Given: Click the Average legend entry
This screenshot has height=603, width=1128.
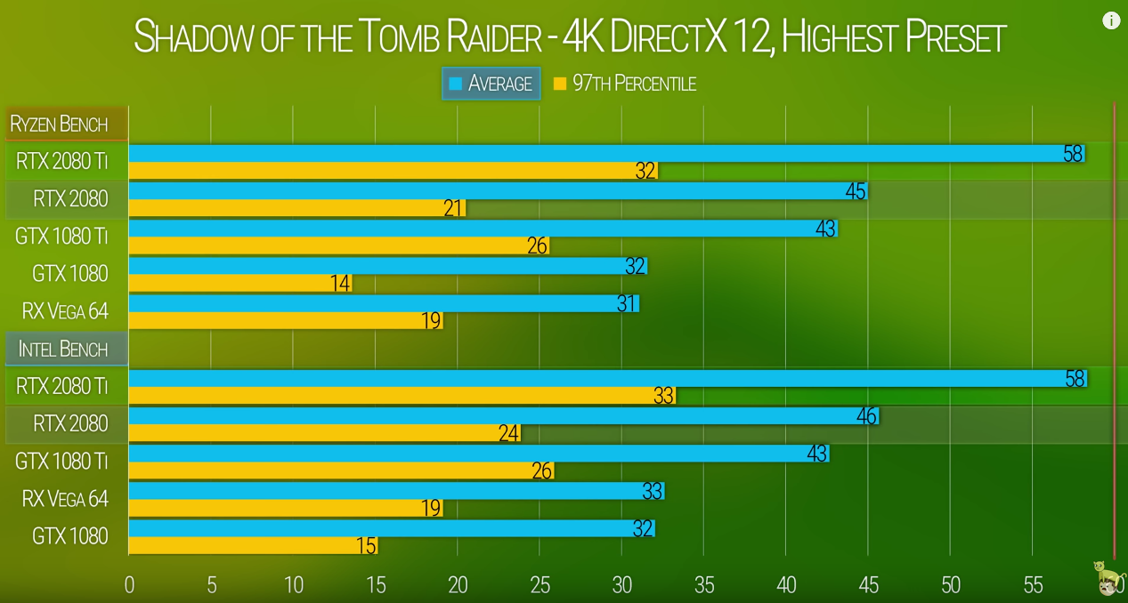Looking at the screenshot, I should click(491, 84).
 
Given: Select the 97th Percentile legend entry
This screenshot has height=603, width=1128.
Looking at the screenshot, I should click(624, 84).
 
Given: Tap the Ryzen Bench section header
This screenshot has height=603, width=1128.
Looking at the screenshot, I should click(59, 125).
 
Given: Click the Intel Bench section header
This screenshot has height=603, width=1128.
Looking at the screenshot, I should click(62, 349).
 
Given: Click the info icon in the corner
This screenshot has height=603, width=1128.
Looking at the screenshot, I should click(1111, 20).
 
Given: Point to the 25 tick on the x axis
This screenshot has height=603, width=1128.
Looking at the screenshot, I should click(540, 585).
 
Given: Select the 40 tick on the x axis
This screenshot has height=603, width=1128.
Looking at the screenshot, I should click(786, 585).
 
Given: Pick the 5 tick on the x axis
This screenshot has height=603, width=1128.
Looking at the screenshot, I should click(211, 585).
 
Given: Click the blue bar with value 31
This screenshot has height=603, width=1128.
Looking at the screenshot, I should click(383, 303).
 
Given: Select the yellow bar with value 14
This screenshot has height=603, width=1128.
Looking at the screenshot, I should click(240, 284).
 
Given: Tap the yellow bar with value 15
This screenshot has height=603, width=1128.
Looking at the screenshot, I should click(253, 545).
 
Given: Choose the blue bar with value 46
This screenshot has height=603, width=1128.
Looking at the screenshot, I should click(503, 415).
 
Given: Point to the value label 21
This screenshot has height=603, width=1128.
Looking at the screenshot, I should click(453, 209).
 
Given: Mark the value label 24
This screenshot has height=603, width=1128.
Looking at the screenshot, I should click(508, 433).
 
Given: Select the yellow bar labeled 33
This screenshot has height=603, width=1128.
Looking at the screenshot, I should click(402, 396).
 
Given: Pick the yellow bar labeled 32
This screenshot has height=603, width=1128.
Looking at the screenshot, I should click(393, 171).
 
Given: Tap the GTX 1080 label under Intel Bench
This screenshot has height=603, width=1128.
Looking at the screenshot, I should click(69, 536).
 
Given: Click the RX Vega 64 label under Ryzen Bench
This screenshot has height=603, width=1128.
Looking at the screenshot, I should click(65, 311).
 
